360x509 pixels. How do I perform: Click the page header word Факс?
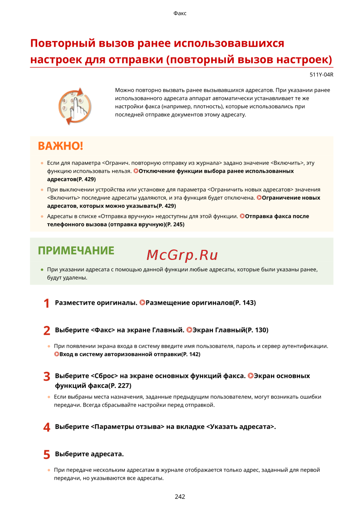click(x=180, y=13)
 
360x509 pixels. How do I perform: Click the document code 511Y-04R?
click(x=321, y=75)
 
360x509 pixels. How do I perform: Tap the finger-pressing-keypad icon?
click(x=75, y=106)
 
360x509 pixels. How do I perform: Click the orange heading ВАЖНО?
click(x=60, y=146)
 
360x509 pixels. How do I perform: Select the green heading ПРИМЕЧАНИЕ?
click(x=76, y=251)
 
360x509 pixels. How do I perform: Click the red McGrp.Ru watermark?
click(x=182, y=255)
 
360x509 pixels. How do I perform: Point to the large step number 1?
click(x=46, y=303)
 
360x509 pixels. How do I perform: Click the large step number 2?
click(x=47, y=330)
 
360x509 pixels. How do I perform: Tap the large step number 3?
click(x=47, y=377)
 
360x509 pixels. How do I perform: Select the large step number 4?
click(x=47, y=427)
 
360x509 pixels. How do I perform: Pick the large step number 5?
click(x=47, y=455)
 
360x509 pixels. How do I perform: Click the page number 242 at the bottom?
click(x=180, y=496)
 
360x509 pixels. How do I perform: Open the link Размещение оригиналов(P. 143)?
click(x=201, y=303)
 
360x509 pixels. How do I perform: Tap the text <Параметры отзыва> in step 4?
click(x=127, y=427)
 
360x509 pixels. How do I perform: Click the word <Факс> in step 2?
click(x=103, y=330)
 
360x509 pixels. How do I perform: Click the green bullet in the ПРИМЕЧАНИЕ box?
click(x=42, y=270)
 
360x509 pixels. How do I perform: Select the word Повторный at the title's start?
click(x=62, y=43)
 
